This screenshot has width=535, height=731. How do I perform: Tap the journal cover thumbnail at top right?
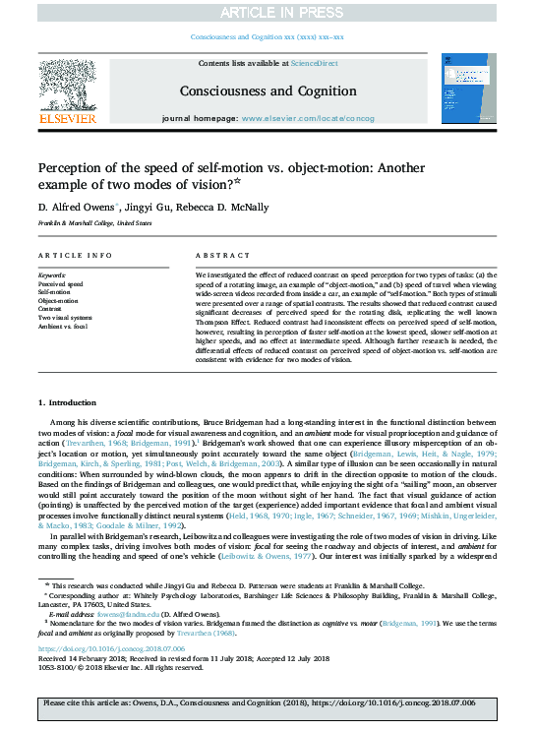[468, 89]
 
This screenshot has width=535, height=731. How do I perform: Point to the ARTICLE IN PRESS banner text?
[267, 12]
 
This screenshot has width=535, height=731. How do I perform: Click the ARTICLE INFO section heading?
[72, 255]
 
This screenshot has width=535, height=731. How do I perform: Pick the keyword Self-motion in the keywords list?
[56, 293]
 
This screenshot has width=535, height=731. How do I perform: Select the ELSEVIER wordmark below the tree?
[67, 119]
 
